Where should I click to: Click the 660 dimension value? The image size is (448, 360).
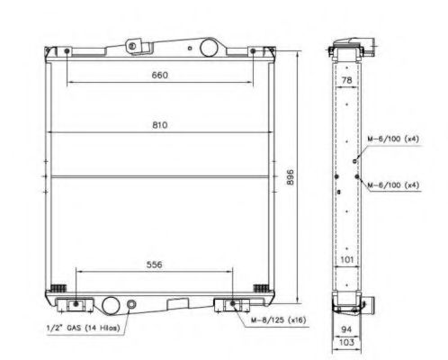tap(158, 76)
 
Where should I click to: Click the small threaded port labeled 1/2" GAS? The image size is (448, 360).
tap(133, 306)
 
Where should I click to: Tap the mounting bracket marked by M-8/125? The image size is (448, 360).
tap(232, 303)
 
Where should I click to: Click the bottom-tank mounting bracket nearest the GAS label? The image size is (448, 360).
tap(75, 303)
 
